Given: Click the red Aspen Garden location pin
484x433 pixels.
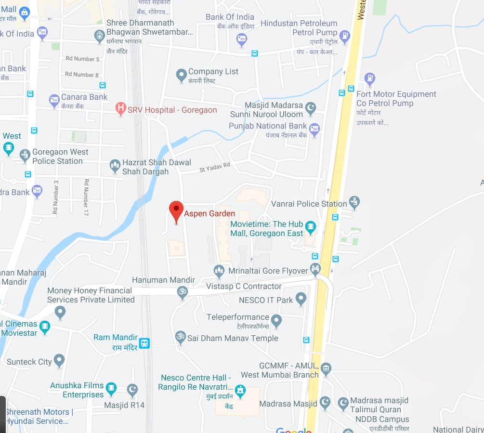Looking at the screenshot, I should point(176,210).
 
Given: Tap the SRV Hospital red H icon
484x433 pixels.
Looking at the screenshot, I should point(121,109).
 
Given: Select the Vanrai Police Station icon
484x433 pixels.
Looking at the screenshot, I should point(354,203).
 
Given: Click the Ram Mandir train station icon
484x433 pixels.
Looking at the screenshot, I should point(144,343).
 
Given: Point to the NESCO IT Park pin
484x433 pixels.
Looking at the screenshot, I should point(301,299).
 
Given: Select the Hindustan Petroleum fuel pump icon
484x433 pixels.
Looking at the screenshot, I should point(344,36).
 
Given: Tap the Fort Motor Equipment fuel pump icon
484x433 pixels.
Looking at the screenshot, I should point(369,78).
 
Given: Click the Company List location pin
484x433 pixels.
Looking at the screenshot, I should point(181,75).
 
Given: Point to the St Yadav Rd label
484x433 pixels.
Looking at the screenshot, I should point(215,167).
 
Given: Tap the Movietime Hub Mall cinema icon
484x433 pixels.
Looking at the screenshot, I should point(311,226).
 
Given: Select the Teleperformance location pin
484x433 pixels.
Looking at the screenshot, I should point(276,320).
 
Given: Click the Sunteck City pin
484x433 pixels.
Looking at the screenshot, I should point(59,360).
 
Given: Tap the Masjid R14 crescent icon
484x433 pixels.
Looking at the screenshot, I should point(132,390).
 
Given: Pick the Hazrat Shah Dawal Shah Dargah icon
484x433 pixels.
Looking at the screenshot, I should point(115,167).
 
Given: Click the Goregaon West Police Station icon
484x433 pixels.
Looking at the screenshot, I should point(25,156).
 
